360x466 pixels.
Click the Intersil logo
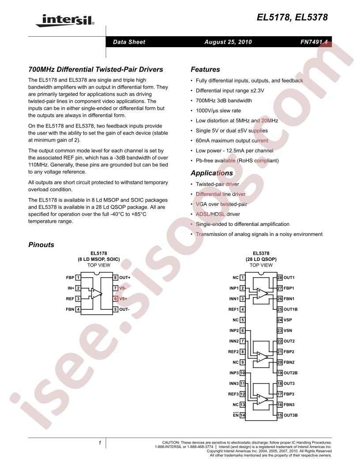(x=65, y=20)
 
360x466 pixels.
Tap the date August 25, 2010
(x=228, y=42)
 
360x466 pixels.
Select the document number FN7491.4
(x=314, y=42)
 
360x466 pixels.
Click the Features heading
(x=205, y=69)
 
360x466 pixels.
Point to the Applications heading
(x=212, y=173)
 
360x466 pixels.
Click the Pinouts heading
(x=41, y=244)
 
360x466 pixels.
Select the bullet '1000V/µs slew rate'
(x=218, y=111)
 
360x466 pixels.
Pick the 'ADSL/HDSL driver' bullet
(x=218, y=214)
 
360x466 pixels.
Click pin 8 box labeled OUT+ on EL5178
(x=116, y=278)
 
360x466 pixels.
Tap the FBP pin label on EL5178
(x=70, y=278)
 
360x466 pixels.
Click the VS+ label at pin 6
(x=123, y=299)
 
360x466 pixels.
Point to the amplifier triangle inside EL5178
(x=96, y=293)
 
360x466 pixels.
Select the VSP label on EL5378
(x=288, y=320)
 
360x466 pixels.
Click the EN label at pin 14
(x=236, y=415)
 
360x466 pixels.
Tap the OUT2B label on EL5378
(x=290, y=373)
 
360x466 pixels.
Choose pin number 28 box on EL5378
(x=280, y=278)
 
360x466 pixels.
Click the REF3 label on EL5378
(x=233, y=394)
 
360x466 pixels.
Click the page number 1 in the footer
(x=100, y=443)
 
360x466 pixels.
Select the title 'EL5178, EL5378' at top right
(x=292, y=17)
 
